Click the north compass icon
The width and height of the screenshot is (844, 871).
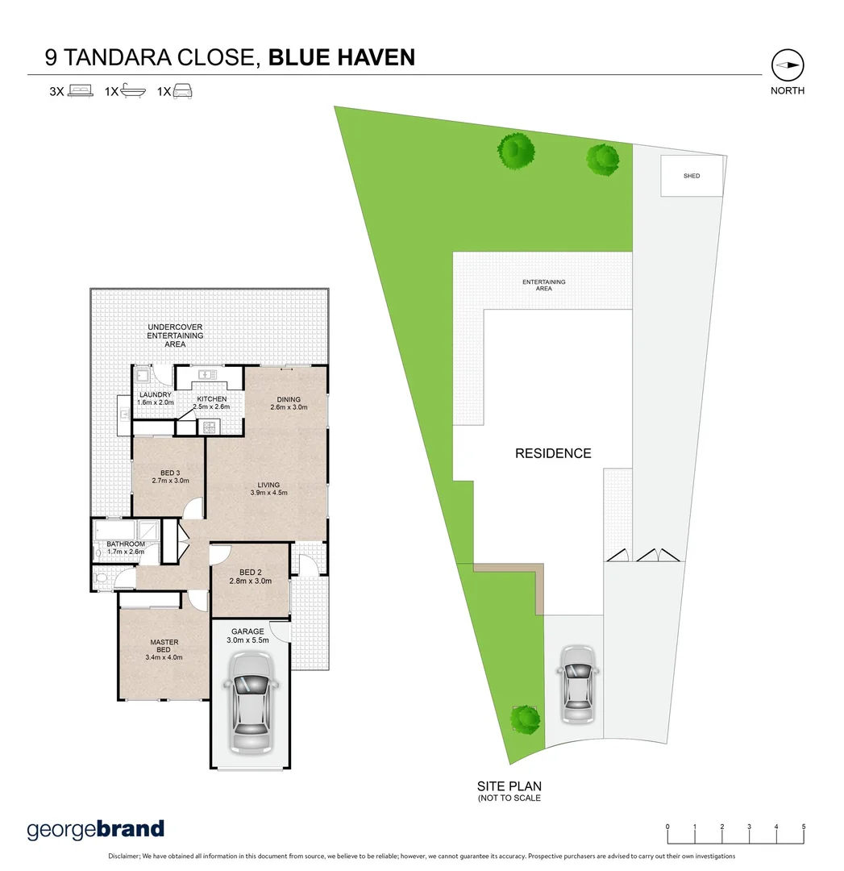[x=787, y=65]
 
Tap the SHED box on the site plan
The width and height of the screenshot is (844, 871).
[x=692, y=176]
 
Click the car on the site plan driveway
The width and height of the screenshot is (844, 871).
[x=577, y=681]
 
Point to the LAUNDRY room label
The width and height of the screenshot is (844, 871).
[x=155, y=395]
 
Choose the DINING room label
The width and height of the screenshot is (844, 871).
[x=288, y=399]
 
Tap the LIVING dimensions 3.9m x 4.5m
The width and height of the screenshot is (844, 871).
[x=268, y=493]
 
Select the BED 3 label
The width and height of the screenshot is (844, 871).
[x=170, y=473]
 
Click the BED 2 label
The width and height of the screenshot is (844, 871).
[x=249, y=572]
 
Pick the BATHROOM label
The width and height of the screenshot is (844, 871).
[x=126, y=544]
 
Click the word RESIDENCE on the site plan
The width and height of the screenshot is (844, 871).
[x=553, y=453]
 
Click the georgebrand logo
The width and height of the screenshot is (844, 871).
[x=96, y=829]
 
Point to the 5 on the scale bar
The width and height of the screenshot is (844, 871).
[x=803, y=827]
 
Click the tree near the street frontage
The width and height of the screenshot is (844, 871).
[x=525, y=716]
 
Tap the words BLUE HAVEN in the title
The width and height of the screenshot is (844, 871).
[x=342, y=57]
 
